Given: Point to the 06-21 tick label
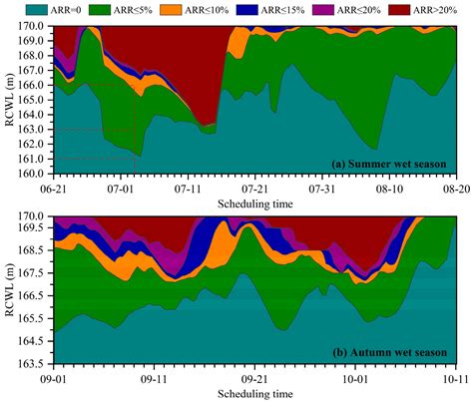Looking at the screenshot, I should pyautogui.click(x=53, y=186).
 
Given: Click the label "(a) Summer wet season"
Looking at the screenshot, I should pyautogui.click(x=388, y=163).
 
